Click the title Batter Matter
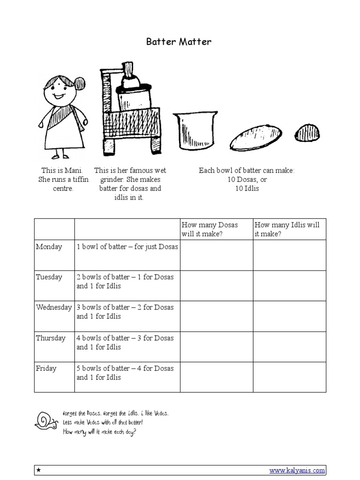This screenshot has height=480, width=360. coord(179,42)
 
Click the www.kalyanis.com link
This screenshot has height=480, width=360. coord(297,470)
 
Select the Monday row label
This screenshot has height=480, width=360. coord(49,247)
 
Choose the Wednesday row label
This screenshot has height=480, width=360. coord(54,307)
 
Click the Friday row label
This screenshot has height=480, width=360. coord(46,368)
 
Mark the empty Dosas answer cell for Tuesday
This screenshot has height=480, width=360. coord(217,286)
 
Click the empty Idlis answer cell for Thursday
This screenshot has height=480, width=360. coord(289,347)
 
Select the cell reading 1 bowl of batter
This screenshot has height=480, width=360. coord(127,247)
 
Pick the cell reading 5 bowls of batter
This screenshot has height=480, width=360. coord(125,373)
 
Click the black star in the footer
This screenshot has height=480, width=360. coord(39,470)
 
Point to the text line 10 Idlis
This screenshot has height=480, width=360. coord(247,188)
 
